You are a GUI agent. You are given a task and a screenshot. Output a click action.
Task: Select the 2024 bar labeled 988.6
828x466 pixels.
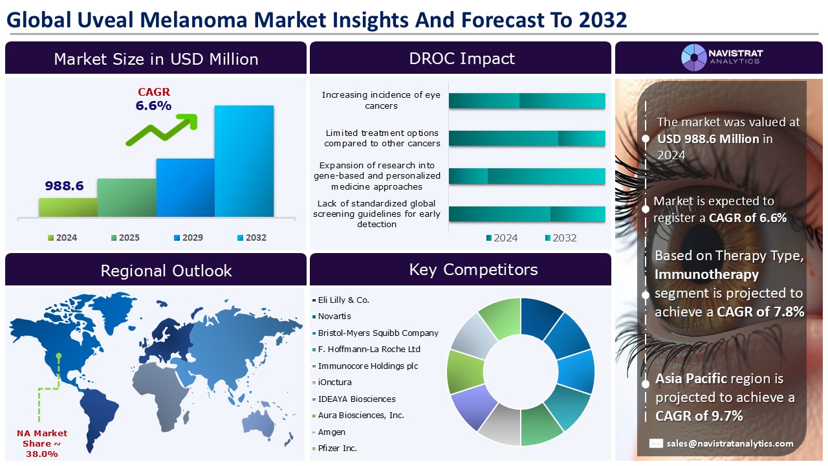(x=68, y=207)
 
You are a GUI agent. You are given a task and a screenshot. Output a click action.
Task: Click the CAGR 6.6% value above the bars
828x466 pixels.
(x=153, y=105)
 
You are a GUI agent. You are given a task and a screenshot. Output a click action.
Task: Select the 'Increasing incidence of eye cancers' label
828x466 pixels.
(x=381, y=100)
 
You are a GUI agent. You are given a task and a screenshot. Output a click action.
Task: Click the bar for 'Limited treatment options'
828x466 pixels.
(x=527, y=139)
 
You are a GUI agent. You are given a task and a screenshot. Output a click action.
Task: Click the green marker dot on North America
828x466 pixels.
(x=59, y=355)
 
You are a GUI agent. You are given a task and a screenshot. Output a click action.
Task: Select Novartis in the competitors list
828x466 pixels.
(x=334, y=316)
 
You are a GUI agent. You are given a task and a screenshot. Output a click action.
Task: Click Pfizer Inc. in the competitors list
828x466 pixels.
(x=337, y=448)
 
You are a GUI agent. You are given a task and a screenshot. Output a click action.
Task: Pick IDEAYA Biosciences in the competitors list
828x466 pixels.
(x=356, y=399)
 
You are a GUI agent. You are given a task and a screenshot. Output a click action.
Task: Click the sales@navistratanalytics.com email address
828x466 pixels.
(x=730, y=443)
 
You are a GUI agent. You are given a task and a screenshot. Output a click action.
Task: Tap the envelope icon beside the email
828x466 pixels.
(x=656, y=443)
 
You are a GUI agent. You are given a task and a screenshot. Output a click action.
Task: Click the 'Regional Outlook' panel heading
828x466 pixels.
(x=166, y=270)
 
